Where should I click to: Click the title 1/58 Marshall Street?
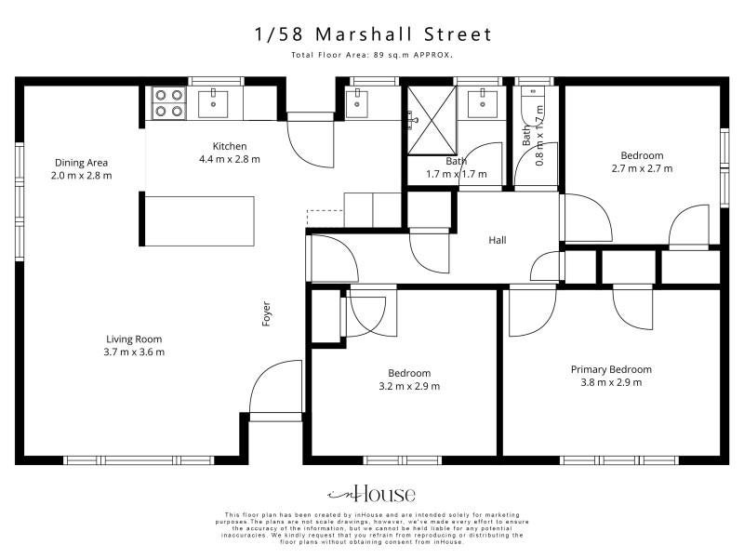click(373, 34)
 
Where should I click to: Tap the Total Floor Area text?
click(372, 55)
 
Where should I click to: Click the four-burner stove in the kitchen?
click(169, 103)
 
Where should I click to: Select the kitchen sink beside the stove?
click(213, 103)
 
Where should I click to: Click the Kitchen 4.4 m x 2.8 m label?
click(230, 153)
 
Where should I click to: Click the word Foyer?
click(266, 313)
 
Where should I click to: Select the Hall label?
click(498, 240)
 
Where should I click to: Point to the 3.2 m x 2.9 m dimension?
click(409, 386)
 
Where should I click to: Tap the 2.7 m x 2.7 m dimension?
click(642, 168)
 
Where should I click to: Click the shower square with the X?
click(432, 121)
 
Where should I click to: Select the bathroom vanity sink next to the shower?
click(483, 103)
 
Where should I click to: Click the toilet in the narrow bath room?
click(533, 100)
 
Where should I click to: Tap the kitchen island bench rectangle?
click(199, 221)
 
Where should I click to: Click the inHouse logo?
click(371, 495)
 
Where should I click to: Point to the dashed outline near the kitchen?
click(325, 219)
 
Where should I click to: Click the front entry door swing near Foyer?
click(275, 387)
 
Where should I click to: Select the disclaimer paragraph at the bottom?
click(372, 528)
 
